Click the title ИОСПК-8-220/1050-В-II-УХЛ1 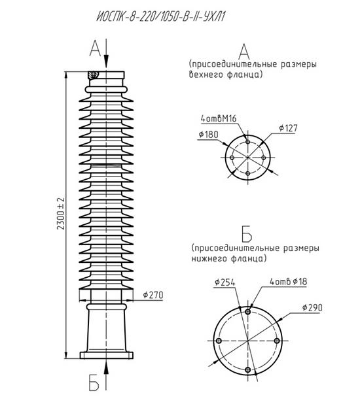point(160,17)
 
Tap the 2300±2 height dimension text point(61,214)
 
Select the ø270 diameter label point(153,295)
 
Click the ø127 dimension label point(288,128)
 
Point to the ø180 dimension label point(208,135)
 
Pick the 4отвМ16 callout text point(219,118)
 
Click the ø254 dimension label point(225,282)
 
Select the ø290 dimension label point(312,307)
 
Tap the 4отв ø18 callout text point(288,282)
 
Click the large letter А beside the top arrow point(95,48)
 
